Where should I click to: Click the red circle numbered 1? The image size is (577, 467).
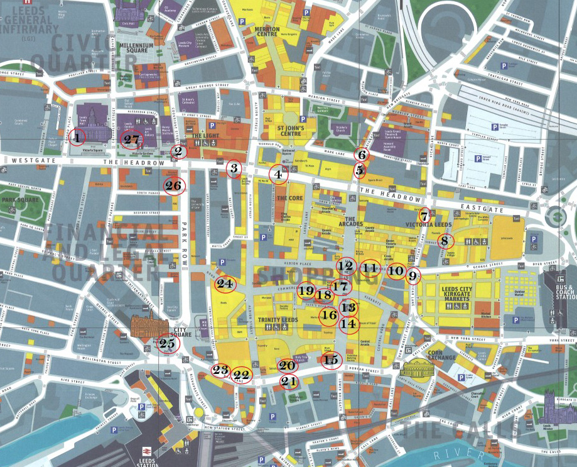[77, 137]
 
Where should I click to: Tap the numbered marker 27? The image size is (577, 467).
[131, 140]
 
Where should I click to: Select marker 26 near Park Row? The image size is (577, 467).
[174, 186]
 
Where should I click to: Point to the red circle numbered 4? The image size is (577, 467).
[278, 175]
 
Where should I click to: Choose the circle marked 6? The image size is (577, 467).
[362, 154]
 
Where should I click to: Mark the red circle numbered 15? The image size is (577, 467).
[330, 360]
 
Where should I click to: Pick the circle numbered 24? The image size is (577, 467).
[225, 285]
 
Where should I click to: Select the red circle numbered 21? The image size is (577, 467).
[288, 381]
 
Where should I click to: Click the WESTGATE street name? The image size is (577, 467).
[24, 161]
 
